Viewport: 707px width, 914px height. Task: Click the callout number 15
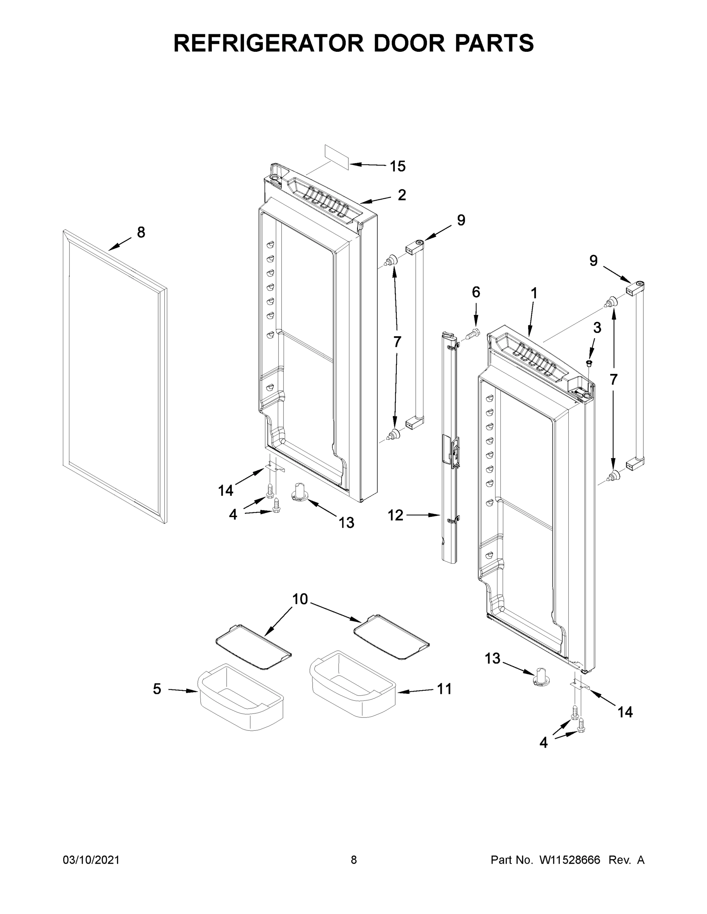(x=398, y=166)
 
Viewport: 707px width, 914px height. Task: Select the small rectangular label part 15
(x=337, y=157)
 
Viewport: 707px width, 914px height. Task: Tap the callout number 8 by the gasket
(x=141, y=232)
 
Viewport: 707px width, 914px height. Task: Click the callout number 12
(x=395, y=516)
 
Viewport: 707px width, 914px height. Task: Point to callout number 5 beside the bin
(x=157, y=689)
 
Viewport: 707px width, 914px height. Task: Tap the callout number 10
(x=300, y=599)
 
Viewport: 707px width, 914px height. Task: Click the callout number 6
(x=476, y=292)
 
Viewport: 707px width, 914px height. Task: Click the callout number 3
(x=597, y=328)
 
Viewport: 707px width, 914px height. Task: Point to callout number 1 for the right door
(x=534, y=294)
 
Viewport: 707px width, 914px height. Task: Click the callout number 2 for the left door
(x=402, y=195)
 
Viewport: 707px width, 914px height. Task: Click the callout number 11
(x=444, y=689)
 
